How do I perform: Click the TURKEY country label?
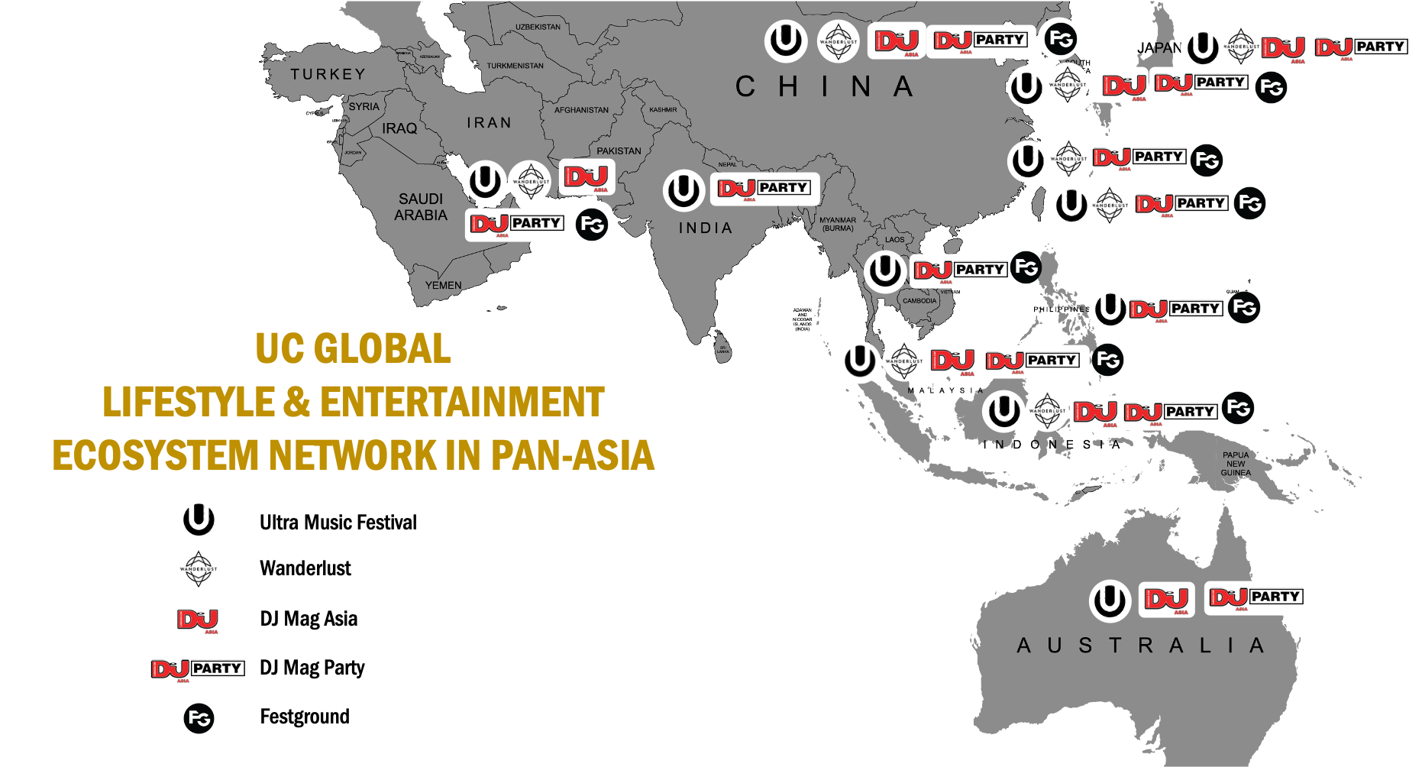click(x=328, y=74)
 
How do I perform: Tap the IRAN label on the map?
click(x=489, y=122)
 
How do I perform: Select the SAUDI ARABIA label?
click(x=421, y=207)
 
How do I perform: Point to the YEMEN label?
click(x=443, y=285)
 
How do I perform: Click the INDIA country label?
click(x=706, y=228)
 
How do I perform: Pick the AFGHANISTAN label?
click(x=581, y=110)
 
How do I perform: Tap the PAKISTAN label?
click(x=619, y=150)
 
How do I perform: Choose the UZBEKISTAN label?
click(x=538, y=27)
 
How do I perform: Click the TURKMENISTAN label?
click(x=515, y=66)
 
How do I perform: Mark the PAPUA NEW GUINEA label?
click(x=1236, y=464)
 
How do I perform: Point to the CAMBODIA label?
click(x=919, y=300)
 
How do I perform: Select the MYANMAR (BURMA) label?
click(x=838, y=224)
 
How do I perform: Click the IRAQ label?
click(x=399, y=128)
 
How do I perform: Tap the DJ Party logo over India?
click(x=764, y=189)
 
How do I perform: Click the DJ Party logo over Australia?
click(x=1257, y=597)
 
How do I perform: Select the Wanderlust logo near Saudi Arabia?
click(x=530, y=182)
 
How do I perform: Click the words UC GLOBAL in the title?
click(x=353, y=349)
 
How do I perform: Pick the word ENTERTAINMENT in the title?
click(x=462, y=403)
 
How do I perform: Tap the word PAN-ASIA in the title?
click(x=572, y=455)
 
